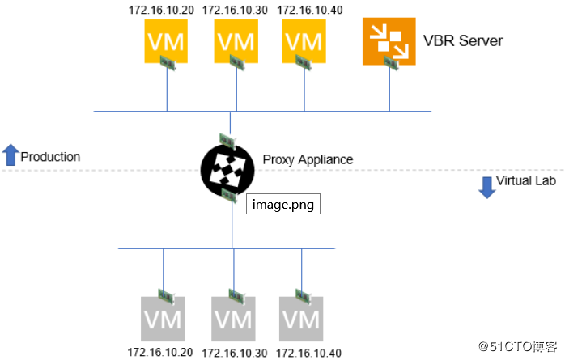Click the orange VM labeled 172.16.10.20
tap(165, 40)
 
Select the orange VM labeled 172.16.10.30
tap(235, 40)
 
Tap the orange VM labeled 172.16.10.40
tap(304, 40)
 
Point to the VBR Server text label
tap(463, 40)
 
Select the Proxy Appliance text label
tap(308, 159)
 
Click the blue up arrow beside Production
tap(11, 155)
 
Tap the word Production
tap(50, 156)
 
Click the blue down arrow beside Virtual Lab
tap(486, 187)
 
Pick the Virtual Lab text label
tap(526, 181)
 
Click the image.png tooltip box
tap(283, 204)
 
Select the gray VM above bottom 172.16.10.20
tap(162, 317)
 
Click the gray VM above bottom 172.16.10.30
tap(232, 317)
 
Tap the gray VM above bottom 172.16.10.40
tap(300, 317)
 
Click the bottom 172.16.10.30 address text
tap(234, 354)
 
